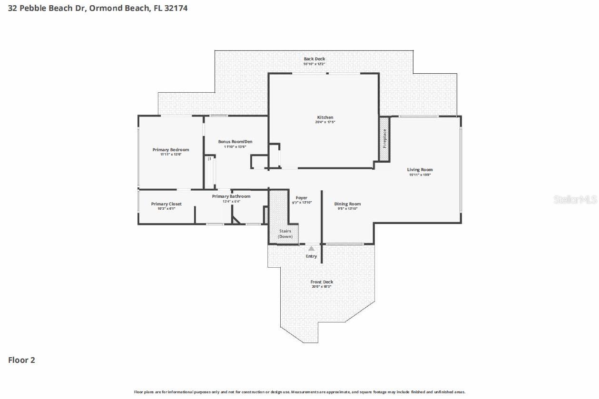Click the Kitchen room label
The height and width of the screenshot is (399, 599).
[325, 117]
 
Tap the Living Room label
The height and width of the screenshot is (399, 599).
[420, 170]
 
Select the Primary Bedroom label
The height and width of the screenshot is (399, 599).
[170, 150]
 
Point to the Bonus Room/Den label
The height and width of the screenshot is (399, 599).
[235, 142]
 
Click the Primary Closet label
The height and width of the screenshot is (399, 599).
[166, 204]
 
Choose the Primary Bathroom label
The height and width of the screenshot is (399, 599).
[231, 196]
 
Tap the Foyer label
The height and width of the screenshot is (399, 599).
[301, 198]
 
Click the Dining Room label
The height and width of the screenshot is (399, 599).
[347, 204]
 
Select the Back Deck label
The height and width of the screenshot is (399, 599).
[314, 59]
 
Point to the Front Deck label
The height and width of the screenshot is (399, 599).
[322, 282]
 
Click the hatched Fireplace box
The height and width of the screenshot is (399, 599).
[384, 138]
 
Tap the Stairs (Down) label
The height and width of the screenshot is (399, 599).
[285, 234]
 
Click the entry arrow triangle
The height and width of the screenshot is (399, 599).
[311, 248]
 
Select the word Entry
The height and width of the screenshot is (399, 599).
[311, 256]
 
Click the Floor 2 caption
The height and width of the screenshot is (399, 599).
[21, 360]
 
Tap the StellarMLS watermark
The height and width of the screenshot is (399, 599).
[575, 200]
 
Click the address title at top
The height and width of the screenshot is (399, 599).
[98, 8]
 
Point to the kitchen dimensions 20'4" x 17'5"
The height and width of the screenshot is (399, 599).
[325, 122]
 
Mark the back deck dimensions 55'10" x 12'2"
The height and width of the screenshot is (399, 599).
[314, 64]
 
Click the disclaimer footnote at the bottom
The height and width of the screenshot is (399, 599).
[299, 392]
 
